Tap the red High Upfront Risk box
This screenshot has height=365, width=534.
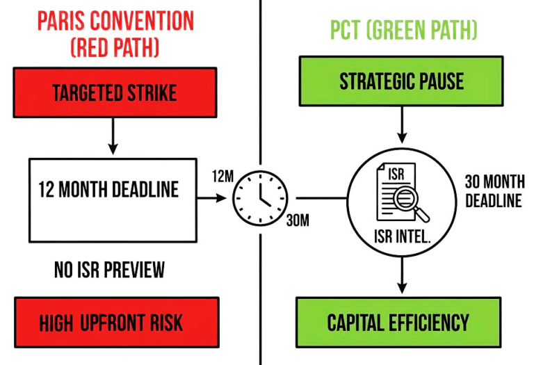(113, 322)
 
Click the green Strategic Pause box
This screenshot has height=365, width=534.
(401, 81)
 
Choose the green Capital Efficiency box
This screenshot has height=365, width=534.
(398, 322)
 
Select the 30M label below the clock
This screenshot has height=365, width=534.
(298, 221)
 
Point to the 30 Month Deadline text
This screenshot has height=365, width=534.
(494, 190)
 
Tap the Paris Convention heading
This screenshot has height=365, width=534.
(115, 21)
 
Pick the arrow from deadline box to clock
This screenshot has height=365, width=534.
(212, 198)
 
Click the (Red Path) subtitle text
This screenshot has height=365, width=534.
(115, 49)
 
